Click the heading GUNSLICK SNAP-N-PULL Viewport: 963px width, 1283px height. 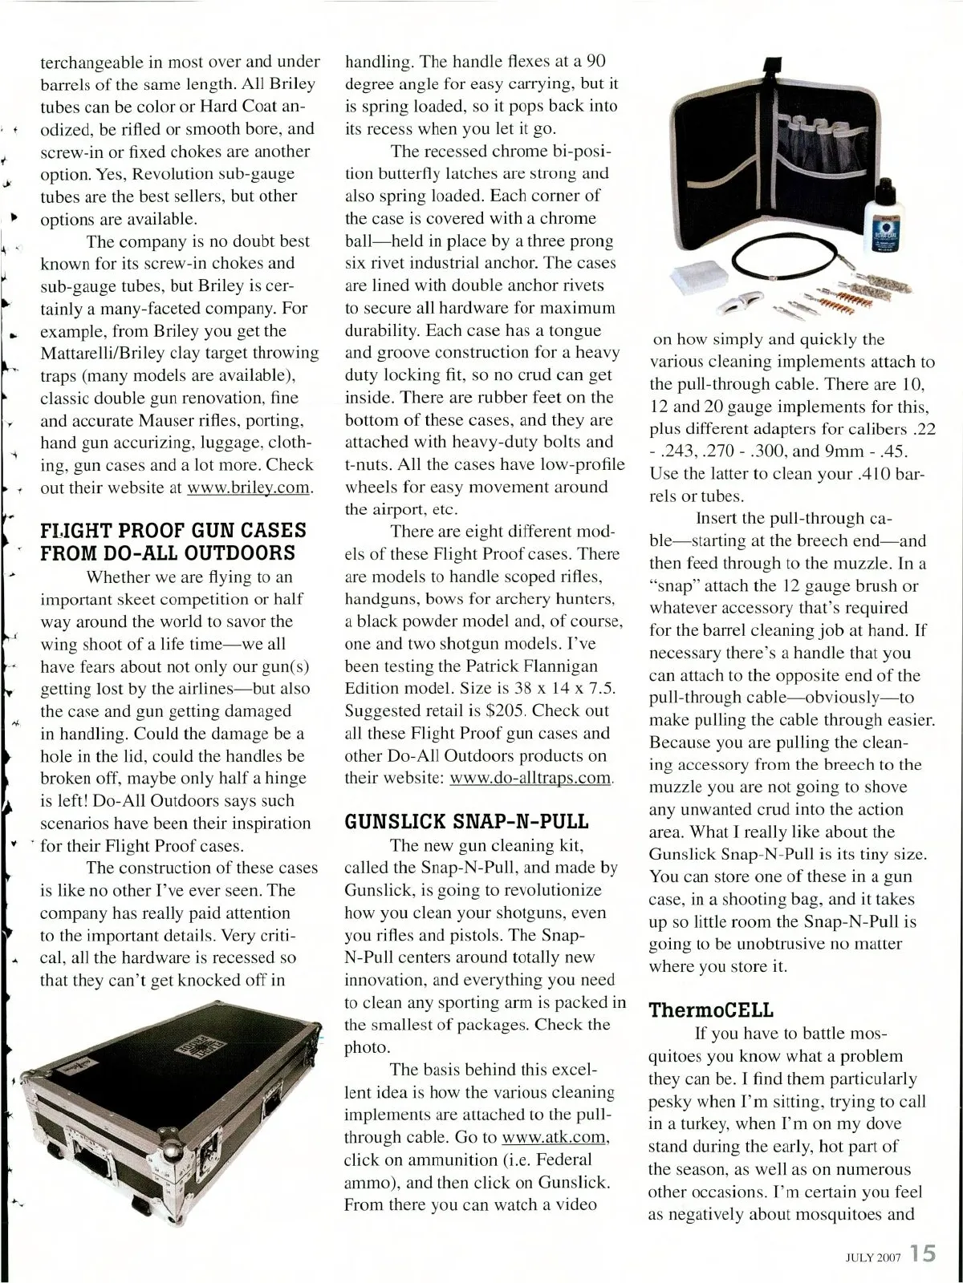466,821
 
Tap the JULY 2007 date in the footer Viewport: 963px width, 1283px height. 873,1257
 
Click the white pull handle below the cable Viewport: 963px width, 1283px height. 739,302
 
